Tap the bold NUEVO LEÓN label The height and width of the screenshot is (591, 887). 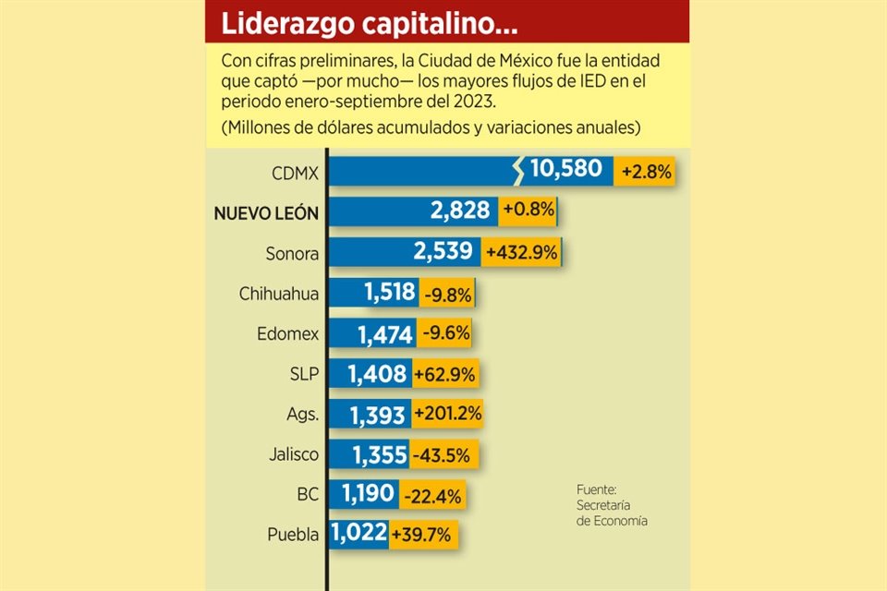[266, 213]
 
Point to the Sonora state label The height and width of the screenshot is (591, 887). [291, 253]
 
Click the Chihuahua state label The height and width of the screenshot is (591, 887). [279, 295]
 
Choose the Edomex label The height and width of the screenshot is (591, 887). [288, 334]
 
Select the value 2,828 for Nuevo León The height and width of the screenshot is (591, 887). [459, 211]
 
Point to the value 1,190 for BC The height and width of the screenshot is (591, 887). [369, 494]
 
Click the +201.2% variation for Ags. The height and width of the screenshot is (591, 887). [448, 414]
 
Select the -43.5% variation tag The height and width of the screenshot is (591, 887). [436, 454]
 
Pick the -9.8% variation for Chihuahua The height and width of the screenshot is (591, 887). [448, 295]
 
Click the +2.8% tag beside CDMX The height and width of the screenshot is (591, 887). [647, 172]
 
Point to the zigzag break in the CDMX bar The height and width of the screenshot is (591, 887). [520, 170]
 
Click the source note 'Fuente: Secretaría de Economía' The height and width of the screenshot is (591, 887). [612, 505]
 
